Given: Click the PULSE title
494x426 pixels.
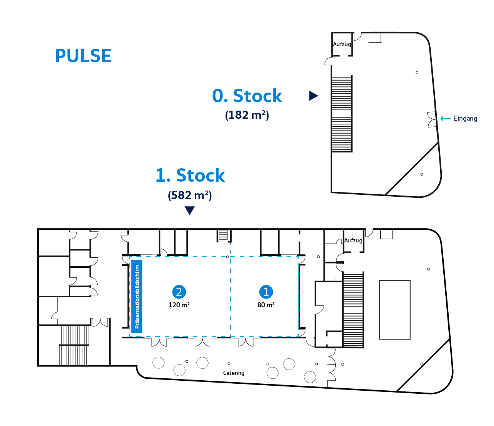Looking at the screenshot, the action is click(x=83, y=56).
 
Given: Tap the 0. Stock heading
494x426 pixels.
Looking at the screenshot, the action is click(x=247, y=96).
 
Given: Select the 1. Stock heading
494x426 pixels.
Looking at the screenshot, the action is click(x=190, y=175).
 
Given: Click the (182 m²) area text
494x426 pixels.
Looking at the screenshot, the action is click(x=247, y=115).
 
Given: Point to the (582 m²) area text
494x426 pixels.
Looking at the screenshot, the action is click(x=190, y=195).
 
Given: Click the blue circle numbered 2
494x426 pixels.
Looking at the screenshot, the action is click(x=179, y=292).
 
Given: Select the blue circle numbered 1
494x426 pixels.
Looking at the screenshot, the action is click(x=266, y=292).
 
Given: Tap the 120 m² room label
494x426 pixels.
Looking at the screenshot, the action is click(x=179, y=305).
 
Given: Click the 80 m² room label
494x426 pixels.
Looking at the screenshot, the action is click(x=266, y=305).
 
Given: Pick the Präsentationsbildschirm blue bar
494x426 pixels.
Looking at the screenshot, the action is click(x=137, y=297).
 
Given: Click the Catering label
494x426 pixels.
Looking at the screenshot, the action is click(x=234, y=373).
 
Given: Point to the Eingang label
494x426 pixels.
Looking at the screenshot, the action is click(x=465, y=119).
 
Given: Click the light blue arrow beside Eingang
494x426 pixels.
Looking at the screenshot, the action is click(x=446, y=118).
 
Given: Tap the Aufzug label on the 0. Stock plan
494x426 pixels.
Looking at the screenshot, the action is click(x=342, y=44).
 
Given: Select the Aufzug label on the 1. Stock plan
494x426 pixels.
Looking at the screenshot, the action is click(x=353, y=240).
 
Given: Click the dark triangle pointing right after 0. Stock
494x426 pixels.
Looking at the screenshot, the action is click(x=313, y=96).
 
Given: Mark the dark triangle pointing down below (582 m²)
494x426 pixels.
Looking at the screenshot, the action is click(x=190, y=211).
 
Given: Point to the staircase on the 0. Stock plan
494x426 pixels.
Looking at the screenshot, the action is click(x=342, y=114).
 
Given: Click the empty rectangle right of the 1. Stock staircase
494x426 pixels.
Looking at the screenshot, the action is click(x=395, y=310).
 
